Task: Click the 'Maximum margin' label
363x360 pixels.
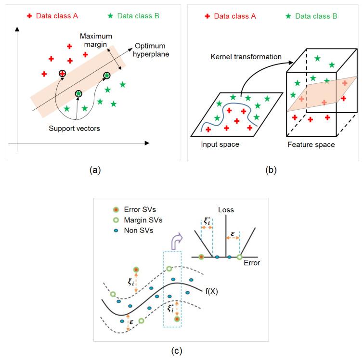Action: (95, 41)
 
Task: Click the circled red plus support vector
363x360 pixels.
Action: (62, 74)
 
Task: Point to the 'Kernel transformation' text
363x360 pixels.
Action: (246, 57)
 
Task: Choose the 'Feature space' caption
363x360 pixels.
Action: (311, 144)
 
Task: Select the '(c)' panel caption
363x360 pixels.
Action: (181, 350)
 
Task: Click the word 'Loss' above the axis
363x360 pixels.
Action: (226, 210)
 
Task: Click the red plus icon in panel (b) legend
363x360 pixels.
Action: (207, 16)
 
